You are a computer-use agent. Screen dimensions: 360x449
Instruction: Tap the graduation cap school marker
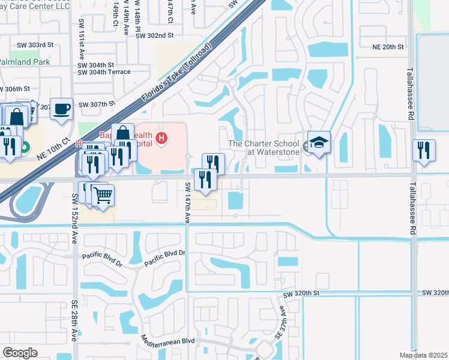(x=319, y=143)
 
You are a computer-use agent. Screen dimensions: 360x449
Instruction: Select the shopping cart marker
(x=103, y=194)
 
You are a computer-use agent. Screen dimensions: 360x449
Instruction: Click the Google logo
(x=20, y=353)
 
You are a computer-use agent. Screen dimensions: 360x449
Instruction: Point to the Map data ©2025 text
(x=423, y=355)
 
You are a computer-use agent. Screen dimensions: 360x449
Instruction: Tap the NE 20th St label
(x=389, y=46)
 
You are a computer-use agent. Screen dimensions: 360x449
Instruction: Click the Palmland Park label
(x=26, y=61)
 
